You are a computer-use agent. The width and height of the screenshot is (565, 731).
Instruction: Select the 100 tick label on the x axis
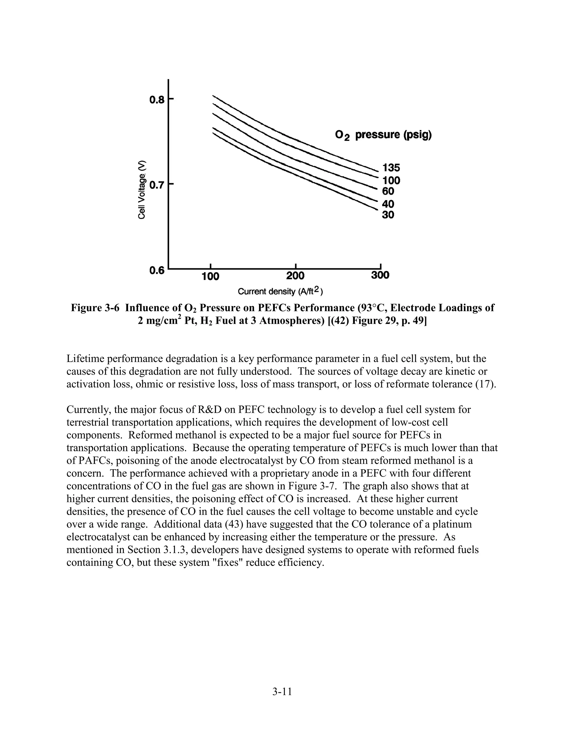(x=210, y=276)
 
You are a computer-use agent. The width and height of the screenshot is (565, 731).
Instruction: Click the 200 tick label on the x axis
(x=295, y=276)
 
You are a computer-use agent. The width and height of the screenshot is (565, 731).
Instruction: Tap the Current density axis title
(x=280, y=292)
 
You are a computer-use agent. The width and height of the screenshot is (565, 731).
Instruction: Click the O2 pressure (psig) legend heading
(x=383, y=135)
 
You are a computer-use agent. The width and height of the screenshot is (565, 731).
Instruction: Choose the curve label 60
(x=388, y=191)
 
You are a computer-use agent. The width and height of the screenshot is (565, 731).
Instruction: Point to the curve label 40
(x=388, y=204)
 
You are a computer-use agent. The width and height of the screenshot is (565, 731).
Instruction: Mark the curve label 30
(x=388, y=215)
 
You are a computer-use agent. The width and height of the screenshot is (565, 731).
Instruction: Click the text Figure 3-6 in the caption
(x=95, y=308)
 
